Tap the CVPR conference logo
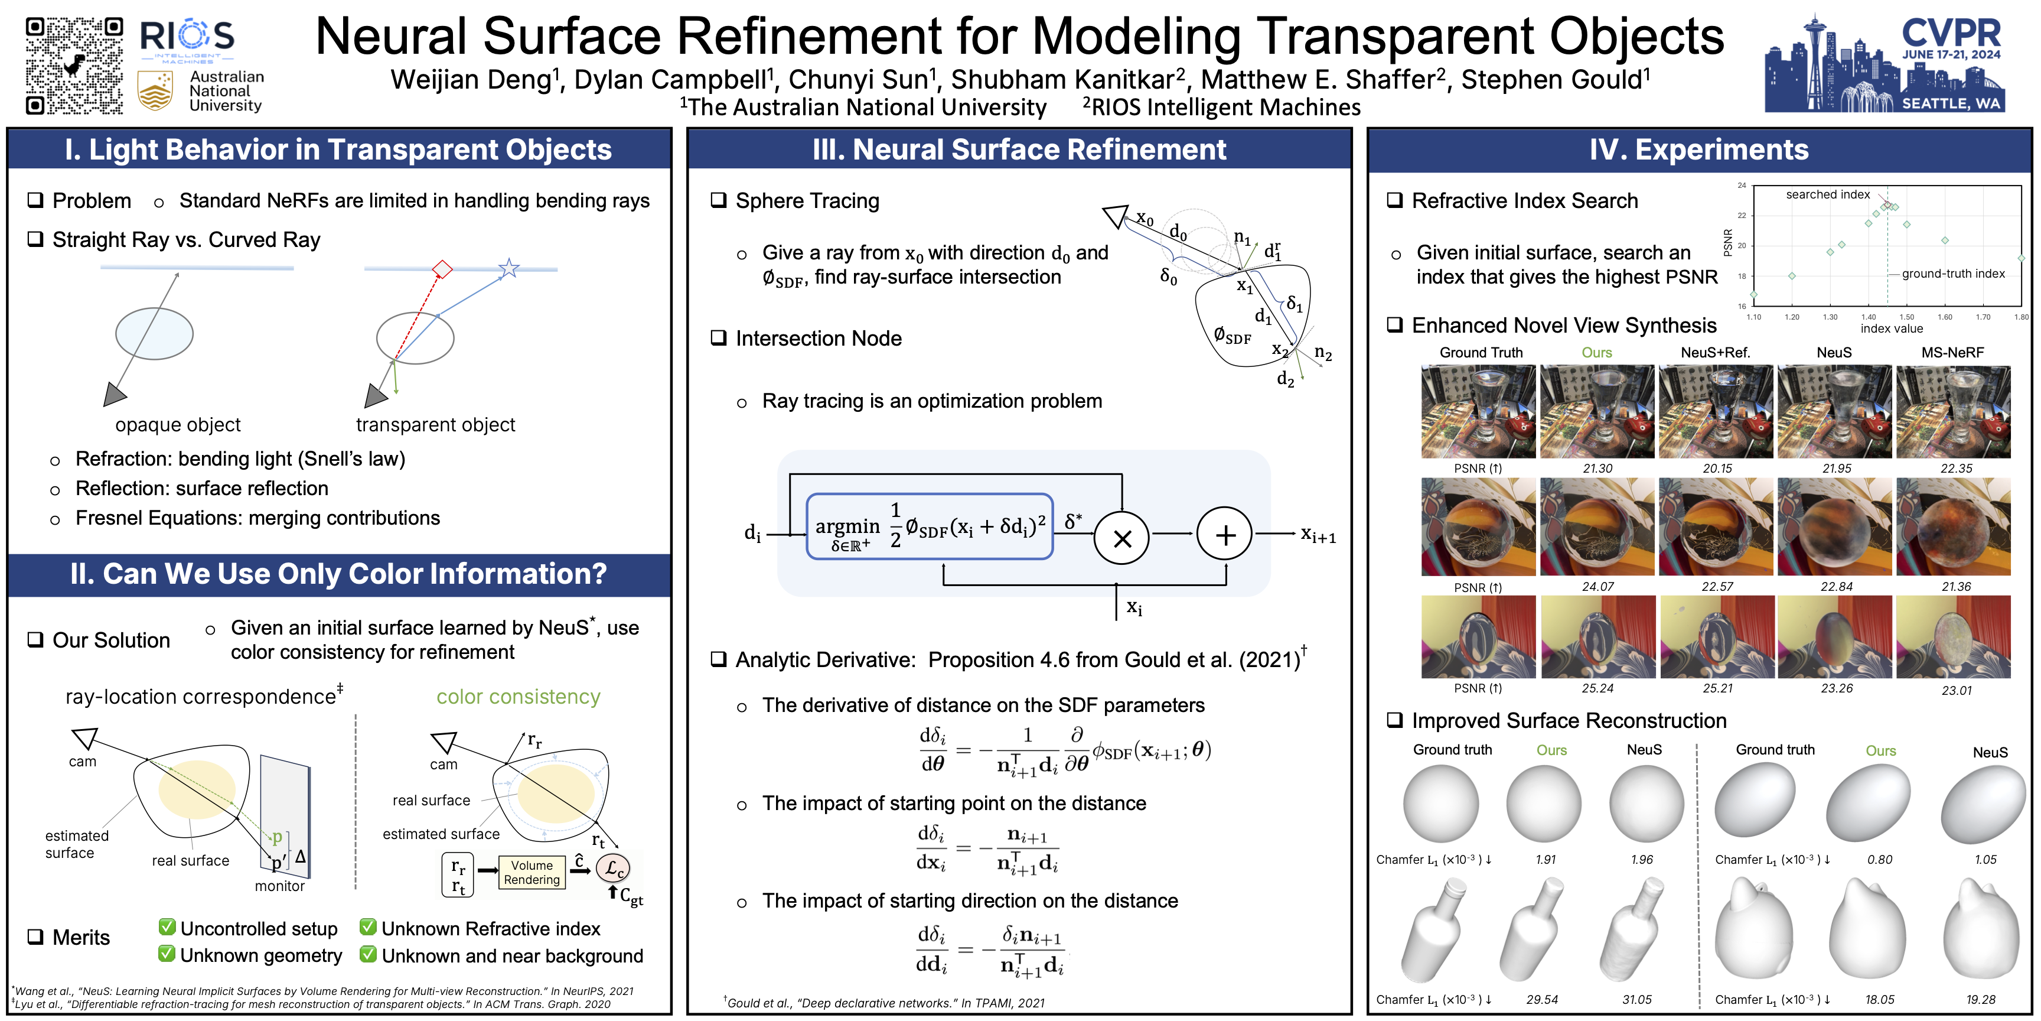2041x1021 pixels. pos(1885,63)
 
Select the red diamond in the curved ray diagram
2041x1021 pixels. pos(442,269)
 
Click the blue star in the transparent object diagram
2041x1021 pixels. pos(508,268)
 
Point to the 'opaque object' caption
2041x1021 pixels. pos(178,425)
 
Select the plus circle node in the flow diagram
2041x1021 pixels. pos(1225,536)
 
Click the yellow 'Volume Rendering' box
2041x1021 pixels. pos(532,872)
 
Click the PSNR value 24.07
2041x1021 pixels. pos(1597,587)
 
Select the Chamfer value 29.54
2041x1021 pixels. pos(1542,1000)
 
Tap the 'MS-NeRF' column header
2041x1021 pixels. pos(1952,353)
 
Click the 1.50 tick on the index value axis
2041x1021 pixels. pos(1906,317)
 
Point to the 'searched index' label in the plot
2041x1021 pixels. pos(1827,194)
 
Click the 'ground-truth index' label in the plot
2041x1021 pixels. pos(1953,274)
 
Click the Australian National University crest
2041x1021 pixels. pos(155,90)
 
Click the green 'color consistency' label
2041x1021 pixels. pos(518,696)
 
